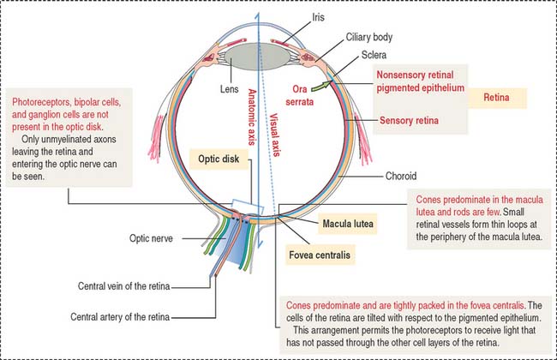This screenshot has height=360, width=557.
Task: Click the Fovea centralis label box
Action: [321, 255]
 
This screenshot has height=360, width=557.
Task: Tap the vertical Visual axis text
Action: [273, 137]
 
